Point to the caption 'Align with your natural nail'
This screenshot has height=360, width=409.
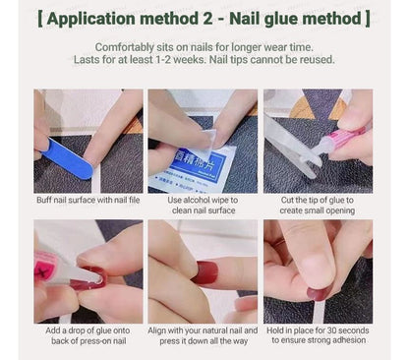[x=204, y=330]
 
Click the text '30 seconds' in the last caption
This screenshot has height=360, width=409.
[x=339, y=330]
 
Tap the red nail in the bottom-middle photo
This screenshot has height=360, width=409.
[x=204, y=272]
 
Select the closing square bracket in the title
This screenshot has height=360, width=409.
[x=367, y=19]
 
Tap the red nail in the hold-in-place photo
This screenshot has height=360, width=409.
[x=319, y=293]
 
